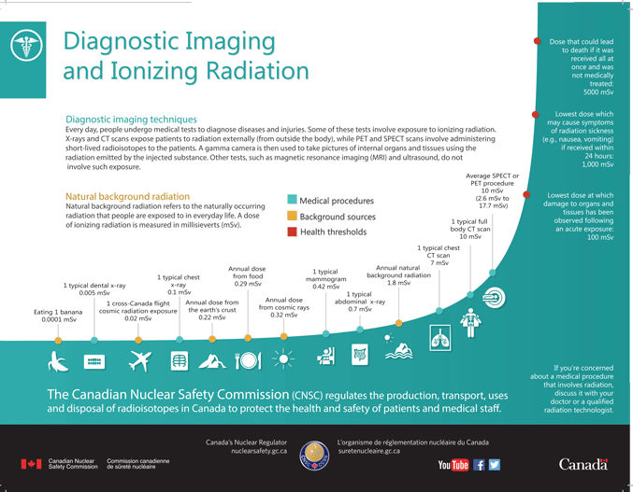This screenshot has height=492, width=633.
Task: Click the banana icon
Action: (x=57, y=360)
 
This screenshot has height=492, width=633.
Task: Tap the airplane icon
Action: (x=139, y=360)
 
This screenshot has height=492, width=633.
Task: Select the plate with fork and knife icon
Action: (x=248, y=359)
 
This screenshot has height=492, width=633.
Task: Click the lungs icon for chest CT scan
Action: (x=440, y=338)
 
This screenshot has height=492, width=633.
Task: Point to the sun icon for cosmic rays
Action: (x=283, y=358)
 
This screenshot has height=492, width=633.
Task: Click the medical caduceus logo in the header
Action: (x=26, y=45)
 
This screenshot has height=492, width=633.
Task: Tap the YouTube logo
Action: (x=453, y=465)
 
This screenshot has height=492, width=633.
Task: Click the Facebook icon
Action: (x=479, y=465)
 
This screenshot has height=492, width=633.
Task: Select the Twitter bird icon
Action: (x=495, y=465)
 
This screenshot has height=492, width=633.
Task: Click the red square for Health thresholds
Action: (x=292, y=232)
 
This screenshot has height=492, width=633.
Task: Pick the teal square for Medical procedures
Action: (x=292, y=200)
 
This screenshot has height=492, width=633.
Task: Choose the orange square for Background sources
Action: (x=292, y=216)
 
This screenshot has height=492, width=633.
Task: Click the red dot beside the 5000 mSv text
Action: (x=537, y=41)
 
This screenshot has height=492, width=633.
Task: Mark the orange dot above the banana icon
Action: (x=58, y=341)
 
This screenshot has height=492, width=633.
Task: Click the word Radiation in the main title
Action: (x=257, y=71)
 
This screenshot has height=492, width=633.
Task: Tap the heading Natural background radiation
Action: (x=127, y=196)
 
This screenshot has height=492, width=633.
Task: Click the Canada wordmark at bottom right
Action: (x=583, y=465)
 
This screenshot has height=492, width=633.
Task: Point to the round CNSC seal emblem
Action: (x=314, y=456)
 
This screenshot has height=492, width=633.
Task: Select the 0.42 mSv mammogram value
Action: (x=326, y=287)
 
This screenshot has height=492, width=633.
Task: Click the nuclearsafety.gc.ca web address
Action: (x=259, y=451)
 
